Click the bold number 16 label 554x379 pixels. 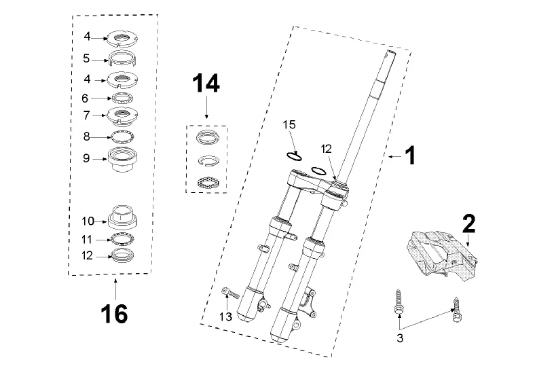(114, 314)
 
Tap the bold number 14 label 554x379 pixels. (206, 84)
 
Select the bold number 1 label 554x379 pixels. (410, 156)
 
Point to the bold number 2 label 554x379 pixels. (469, 223)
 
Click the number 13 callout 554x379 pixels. (225, 317)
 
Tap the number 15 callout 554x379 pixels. (289, 125)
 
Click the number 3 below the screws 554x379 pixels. (400, 338)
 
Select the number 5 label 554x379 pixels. (87, 58)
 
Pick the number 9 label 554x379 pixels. (87, 158)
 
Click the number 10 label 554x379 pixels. (88, 221)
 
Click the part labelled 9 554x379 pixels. (122, 160)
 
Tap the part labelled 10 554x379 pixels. (122, 217)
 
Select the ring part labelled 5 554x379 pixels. (122, 58)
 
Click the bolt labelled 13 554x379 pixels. (230, 292)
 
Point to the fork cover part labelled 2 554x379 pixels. (442, 253)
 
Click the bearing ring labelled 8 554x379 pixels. (122, 136)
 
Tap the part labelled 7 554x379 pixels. (122, 116)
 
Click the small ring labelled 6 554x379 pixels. (122, 97)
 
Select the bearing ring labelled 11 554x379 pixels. (122, 239)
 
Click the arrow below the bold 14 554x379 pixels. (206, 109)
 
